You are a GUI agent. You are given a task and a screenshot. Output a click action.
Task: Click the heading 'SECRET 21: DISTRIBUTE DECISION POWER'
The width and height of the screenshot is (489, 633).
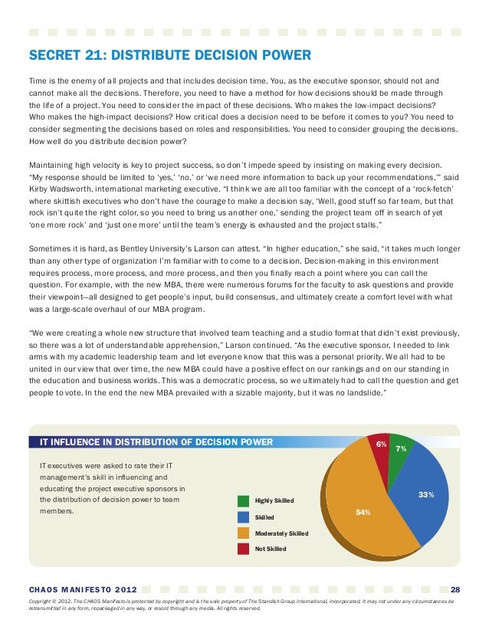pos(169,55)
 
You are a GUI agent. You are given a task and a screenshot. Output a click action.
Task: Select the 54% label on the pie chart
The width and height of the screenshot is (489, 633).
pos(363,511)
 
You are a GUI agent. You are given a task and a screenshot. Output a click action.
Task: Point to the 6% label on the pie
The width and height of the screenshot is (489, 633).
pos(381,444)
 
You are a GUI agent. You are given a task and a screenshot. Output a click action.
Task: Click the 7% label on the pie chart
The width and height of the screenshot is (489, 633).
pos(400,448)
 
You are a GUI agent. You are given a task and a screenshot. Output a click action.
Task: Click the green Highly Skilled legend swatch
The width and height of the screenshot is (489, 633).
pos(243,501)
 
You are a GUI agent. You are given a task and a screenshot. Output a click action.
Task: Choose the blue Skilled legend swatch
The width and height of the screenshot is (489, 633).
pos(243,517)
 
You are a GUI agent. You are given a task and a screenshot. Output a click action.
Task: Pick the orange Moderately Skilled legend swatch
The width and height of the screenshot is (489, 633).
pos(243,533)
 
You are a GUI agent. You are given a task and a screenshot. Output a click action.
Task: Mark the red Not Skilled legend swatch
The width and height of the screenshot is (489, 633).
pos(243,549)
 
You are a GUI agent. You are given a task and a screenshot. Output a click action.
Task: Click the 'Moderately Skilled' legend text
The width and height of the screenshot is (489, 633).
pos(281,533)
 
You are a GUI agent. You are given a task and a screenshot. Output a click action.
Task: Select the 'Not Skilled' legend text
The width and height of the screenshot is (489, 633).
pos(270,549)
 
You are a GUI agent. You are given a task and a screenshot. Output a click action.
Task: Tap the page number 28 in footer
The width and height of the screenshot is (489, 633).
pos(455,589)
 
